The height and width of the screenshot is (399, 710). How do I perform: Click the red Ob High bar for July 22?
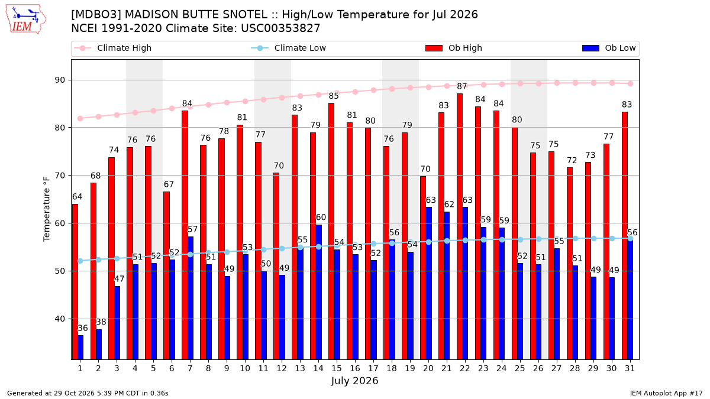coord(460,226)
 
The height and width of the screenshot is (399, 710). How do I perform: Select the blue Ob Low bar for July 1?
coord(80,348)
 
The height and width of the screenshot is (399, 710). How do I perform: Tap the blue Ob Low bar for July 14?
coord(318,292)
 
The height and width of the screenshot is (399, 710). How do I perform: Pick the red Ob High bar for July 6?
coord(166,275)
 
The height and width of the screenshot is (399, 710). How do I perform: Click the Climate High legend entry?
coord(112,48)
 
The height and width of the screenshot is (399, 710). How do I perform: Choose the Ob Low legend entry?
coord(609,48)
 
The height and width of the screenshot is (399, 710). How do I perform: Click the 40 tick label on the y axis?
coord(60,319)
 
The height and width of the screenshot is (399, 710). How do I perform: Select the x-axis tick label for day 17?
coord(373,369)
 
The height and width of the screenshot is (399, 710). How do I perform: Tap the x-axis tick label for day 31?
coord(630,369)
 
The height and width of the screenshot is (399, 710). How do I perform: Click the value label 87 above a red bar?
coord(462,86)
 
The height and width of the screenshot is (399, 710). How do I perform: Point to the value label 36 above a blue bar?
coord(83,328)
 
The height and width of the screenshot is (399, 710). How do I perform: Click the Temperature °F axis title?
coord(47,209)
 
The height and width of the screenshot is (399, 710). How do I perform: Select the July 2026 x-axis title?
coord(354,381)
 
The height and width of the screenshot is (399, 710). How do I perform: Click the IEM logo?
coord(26,20)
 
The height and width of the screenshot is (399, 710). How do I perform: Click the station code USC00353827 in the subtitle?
coord(280,28)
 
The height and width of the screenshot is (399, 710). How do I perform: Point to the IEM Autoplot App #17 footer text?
coord(666,393)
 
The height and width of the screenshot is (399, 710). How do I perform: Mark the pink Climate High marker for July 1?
coord(80,118)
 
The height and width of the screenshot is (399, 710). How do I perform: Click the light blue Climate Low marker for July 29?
coord(593,238)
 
